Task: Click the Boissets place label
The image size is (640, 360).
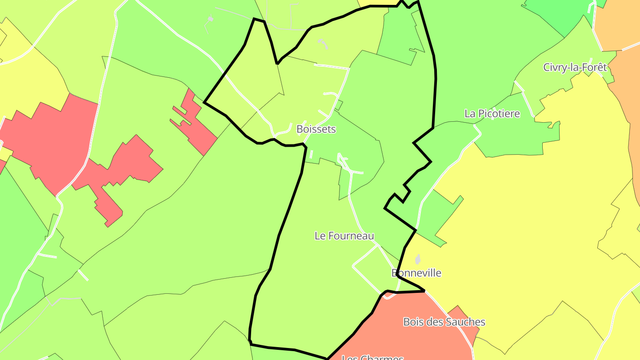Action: point(316,129)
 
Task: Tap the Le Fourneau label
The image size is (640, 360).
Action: point(344,236)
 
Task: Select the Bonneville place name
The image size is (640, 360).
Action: point(417,273)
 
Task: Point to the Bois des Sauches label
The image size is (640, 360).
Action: point(444,322)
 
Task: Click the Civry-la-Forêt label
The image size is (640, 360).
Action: point(575,68)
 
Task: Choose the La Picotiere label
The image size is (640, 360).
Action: point(492,114)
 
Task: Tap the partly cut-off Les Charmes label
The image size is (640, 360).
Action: point(372,357)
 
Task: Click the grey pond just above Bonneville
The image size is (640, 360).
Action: point(417,259)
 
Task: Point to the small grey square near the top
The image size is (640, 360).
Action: point(210,19)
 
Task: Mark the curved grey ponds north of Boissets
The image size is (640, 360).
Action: point(323,43)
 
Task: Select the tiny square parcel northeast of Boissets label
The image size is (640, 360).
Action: point(339,105)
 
